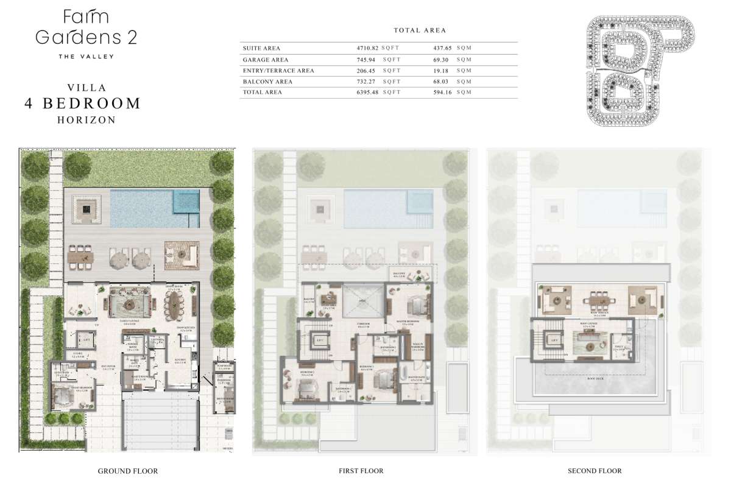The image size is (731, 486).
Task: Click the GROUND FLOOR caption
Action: click(128, 471)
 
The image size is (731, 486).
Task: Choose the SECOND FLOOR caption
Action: click(595, 471)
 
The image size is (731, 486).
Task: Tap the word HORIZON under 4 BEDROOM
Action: click(86, 120)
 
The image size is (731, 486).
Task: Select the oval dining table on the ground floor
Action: click(175, 302)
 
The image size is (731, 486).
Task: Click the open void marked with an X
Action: click(362, 301)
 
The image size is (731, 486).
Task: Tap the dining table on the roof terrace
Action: click(594, 300)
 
